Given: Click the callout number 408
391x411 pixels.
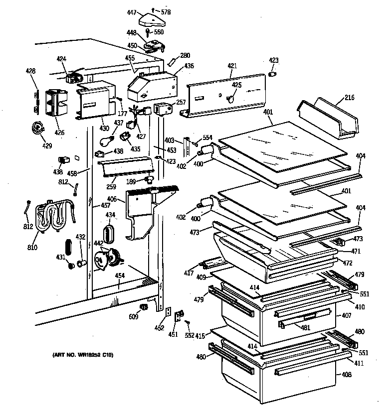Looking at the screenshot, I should coord(345,375).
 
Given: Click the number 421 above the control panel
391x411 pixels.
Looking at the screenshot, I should coord(232,65).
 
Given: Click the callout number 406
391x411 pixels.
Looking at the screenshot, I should coord(112,199).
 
